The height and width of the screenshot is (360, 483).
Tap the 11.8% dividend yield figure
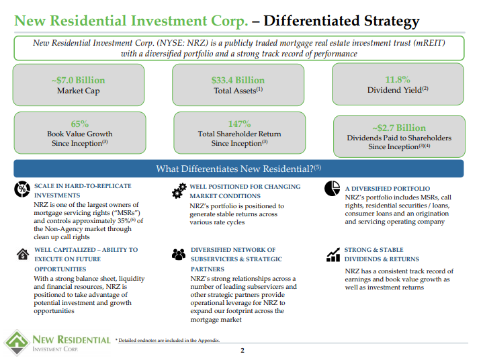398,79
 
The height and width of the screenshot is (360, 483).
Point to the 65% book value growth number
79,124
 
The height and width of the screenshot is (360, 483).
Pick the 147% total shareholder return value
239,124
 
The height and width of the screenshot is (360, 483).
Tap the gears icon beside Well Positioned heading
179,191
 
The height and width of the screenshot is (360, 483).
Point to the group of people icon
179,255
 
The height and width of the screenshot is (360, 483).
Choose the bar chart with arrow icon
333,255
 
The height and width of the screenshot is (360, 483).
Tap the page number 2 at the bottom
243,351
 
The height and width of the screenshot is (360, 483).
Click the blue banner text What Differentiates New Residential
238,169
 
